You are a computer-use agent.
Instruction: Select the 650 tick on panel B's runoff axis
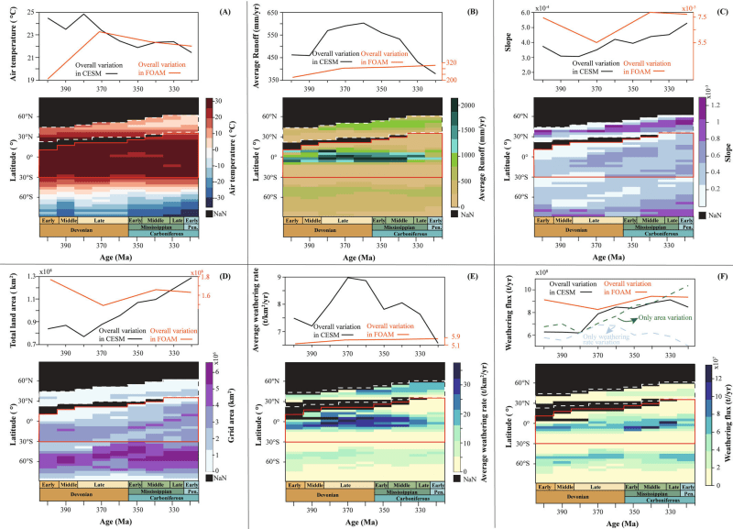pyautogui.click(x=272, y=12)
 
